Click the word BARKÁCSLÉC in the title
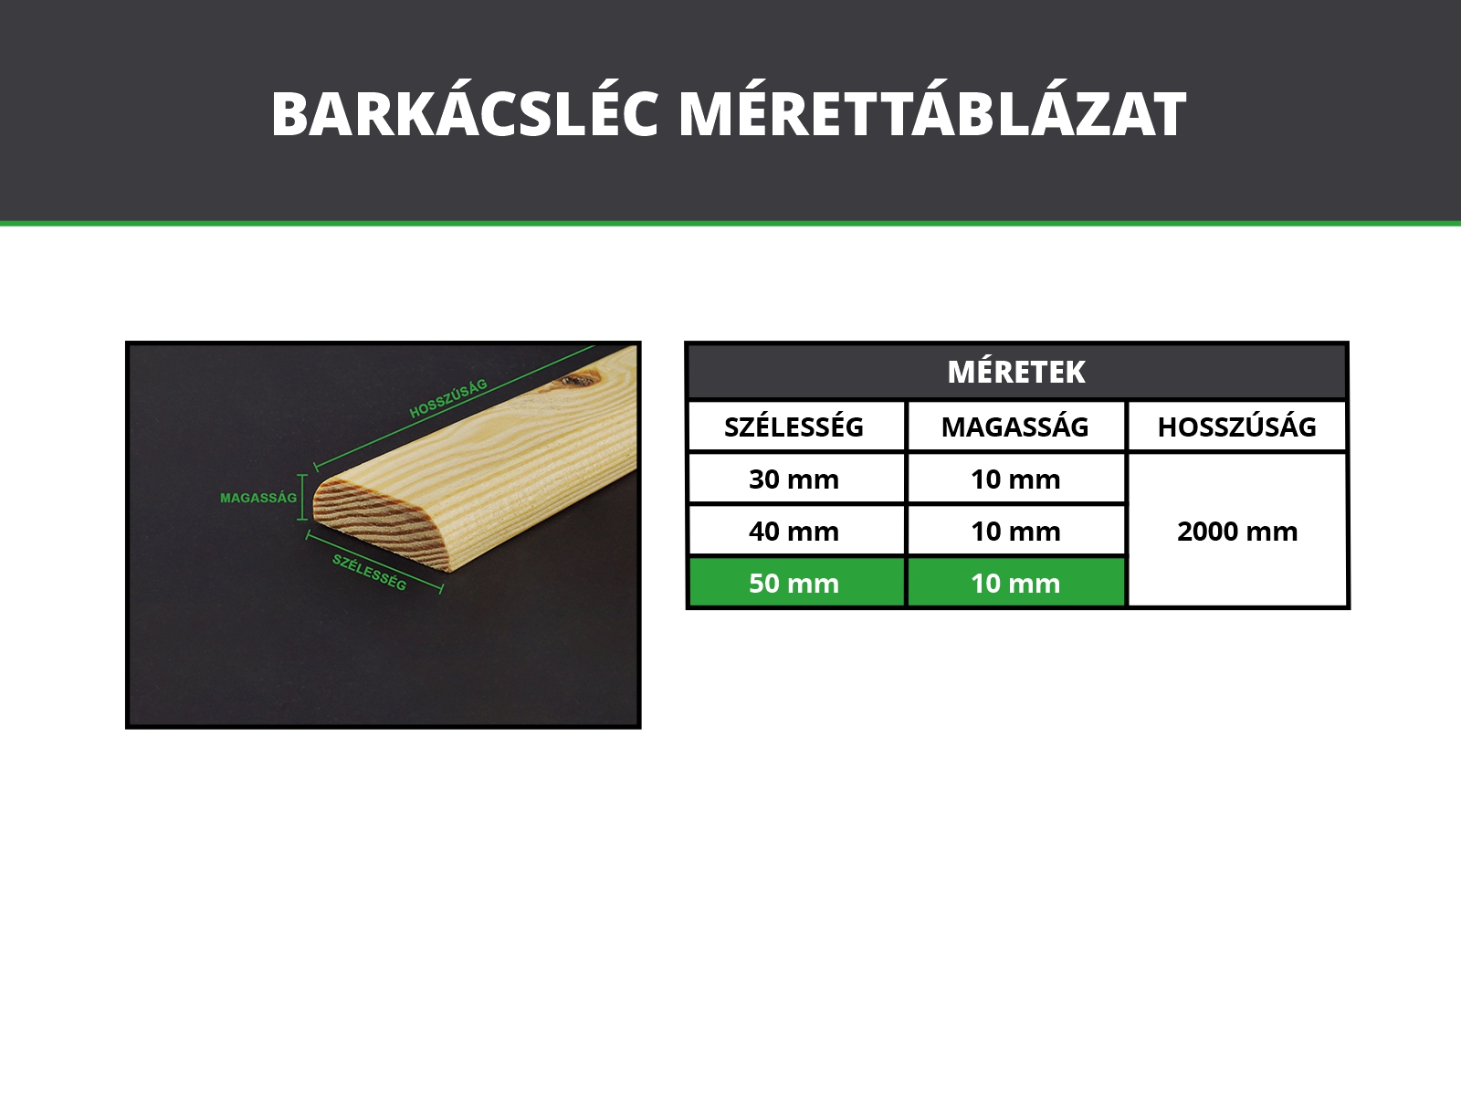click(465, 113)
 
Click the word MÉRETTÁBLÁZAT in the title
click(932, 113)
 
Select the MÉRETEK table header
click(1016, 372)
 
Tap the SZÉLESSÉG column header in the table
click(794, 427)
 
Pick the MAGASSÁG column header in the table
click(1015, 427)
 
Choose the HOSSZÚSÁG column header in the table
click(1236, 427)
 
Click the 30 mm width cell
click(794, 479)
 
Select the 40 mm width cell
click(794, 531)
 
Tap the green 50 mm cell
click(794, 583)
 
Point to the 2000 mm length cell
click(1237, 531)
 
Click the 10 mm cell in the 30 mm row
click(1015, 479)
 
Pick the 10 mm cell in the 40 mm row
click(1015, 531)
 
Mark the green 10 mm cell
click(1015, 583)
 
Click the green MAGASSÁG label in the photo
click(258, 498)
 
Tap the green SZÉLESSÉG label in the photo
click(370, 573)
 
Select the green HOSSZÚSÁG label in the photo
click(448, 398)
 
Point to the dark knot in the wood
click(578, 380)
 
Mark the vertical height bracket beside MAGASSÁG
click(303, 497)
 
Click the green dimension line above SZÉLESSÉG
click(374, 560)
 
